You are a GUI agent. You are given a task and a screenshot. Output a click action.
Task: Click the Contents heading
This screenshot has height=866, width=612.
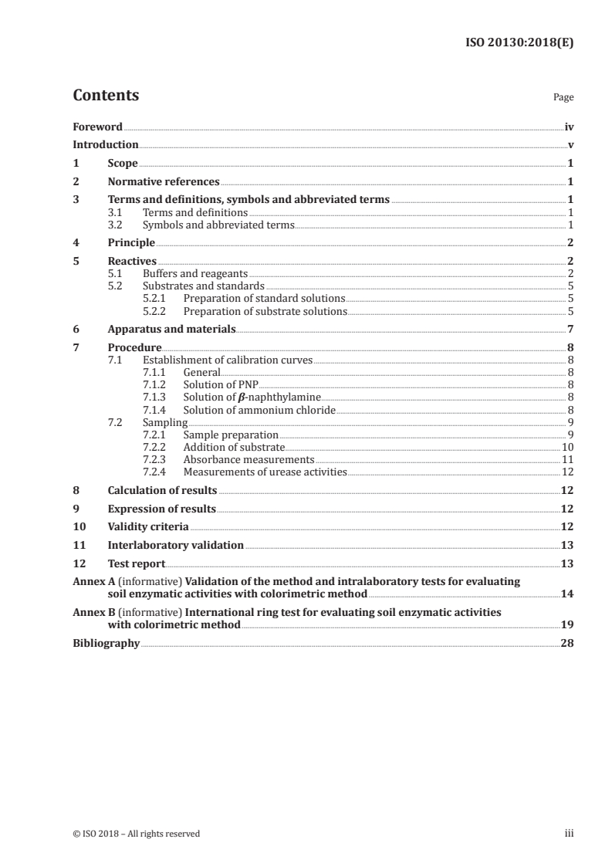(x=106, y=96)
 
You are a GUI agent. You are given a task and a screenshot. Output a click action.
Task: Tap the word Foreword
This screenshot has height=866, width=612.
(x=97, y=127)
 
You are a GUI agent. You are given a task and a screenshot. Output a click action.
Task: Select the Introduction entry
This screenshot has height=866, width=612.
(x=106, y=144)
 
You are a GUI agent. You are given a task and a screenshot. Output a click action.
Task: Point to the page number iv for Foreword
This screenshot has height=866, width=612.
(x=569, y=127)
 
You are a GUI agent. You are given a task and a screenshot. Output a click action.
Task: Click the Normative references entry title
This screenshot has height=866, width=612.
(x=164, y=182)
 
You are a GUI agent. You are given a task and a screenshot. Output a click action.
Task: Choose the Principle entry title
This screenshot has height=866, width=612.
(x=131, y=243)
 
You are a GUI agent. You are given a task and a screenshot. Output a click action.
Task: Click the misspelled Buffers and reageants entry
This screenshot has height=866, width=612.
(x=196, y=273)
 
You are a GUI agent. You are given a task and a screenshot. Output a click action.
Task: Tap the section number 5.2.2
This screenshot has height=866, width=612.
(x=155, y=311)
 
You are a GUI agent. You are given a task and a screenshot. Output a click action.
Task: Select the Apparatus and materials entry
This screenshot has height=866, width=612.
(x=171, y=329)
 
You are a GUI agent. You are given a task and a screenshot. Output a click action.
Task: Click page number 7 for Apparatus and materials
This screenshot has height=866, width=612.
(x=570, y=329)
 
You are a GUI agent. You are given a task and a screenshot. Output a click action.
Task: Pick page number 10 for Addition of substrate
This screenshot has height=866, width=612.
(x=567, y=447)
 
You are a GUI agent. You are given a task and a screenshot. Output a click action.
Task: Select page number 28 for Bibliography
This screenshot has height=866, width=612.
(x=567, y=643)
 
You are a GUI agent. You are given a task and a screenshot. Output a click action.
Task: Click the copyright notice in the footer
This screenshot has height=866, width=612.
(x=136, y=834)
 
